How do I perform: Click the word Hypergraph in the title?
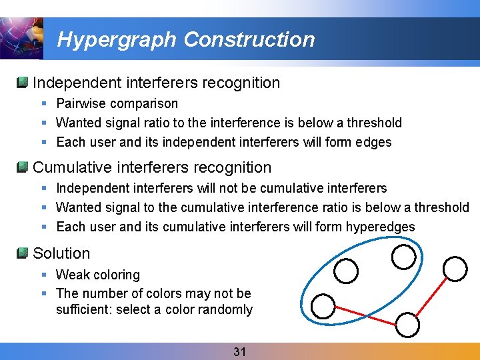(118, 40)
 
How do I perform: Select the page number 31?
(240, 351)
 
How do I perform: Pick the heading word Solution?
(61, 253)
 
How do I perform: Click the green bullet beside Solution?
(22, 253)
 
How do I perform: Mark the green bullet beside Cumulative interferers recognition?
(22, 167)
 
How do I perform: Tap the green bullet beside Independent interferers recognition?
(22, 82)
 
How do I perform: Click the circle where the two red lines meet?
(408, 325)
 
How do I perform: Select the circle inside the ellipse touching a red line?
(323, 306)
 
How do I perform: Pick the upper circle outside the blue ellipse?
(456, 269)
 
